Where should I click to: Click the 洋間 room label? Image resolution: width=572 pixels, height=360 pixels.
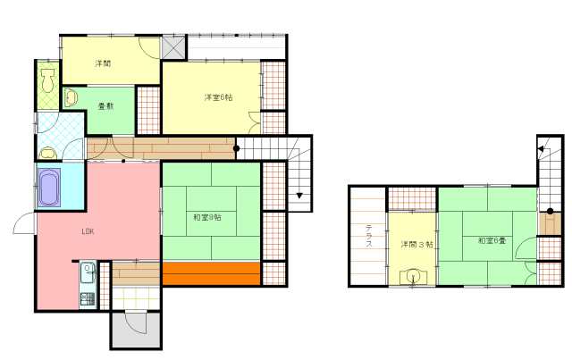[103, 63]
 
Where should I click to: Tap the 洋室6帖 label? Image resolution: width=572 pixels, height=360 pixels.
[218, 97]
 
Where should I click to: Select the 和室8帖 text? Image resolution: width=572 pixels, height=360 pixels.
[207, 217]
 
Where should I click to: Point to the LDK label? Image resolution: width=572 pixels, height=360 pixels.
[88, 231]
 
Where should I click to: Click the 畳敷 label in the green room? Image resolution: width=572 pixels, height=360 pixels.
[105, 106]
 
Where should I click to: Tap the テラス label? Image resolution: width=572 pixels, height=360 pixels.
[369, 236]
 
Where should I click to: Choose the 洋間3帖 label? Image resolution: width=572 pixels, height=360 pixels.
[416, 245]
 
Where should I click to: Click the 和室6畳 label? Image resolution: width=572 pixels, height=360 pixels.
[492, 240]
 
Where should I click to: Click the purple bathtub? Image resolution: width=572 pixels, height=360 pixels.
[49, 187]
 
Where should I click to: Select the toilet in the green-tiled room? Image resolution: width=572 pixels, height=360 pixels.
[47, 81]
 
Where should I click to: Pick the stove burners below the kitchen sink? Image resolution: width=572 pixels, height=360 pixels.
[88, 299]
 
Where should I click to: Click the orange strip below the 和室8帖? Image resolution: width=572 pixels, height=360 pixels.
[211, 273]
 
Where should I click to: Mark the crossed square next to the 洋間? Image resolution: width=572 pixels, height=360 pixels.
[173, 47]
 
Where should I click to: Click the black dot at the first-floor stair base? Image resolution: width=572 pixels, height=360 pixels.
[236, 148]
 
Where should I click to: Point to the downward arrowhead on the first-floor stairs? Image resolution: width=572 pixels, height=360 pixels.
[299, 196]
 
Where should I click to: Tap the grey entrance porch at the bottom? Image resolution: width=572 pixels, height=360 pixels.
[136, 330]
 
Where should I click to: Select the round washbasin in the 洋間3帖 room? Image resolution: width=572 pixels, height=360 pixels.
[413, 276]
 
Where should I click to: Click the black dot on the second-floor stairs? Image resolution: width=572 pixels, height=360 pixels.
[551, 211]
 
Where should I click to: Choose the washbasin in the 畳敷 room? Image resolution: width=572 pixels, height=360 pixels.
[71, 97]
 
